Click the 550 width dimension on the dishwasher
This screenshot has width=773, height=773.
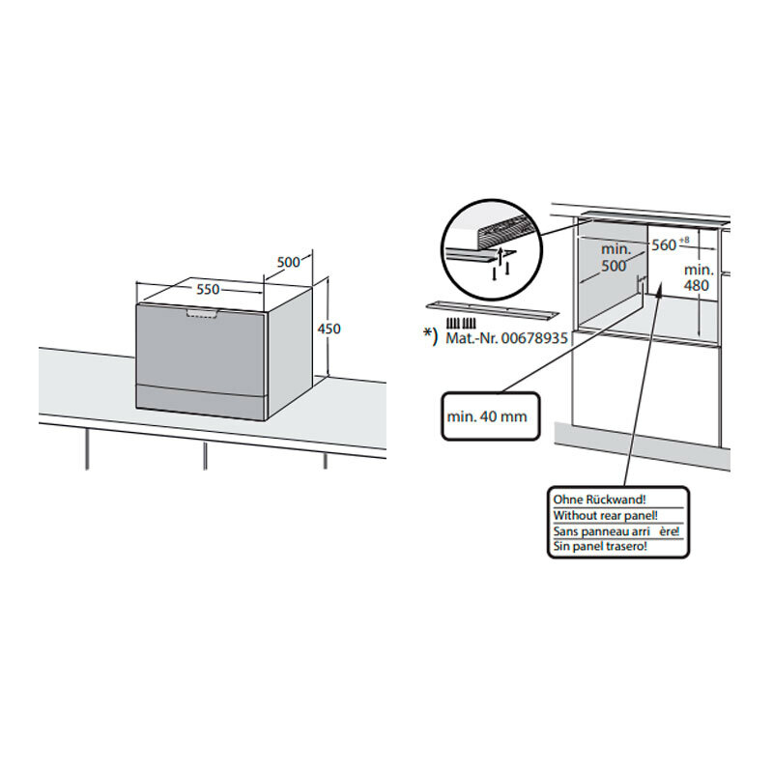click(x=208, y=289)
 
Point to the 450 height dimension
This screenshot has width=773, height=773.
click(x=329, y=329)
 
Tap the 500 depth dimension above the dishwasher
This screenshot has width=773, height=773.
click(x=288, y=262)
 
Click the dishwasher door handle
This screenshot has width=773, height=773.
click(x=202, y=313)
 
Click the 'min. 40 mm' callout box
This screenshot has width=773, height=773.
click(x=491, y=416)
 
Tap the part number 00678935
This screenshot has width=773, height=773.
click(x=534, y=338)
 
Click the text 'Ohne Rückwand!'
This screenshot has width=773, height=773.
click(x=599, y=500)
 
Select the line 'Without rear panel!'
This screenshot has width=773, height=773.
click(x=606, y=516)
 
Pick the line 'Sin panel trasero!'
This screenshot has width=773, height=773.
click(x=600, y=546)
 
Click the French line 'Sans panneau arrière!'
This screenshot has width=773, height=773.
click(x=616, y=530)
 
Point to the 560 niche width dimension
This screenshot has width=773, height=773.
click(x=664, y=244)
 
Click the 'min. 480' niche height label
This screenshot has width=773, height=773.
click(x=699, y=277)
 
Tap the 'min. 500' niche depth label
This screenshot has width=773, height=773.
click(x=616, y=257)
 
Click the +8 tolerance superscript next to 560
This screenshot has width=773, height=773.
click(x=684, y=240)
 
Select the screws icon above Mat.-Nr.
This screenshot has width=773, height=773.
click(x=461, y=324)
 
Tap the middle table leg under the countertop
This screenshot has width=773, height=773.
click(x=205, y=455)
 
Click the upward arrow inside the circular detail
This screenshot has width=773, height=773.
click(x=501, y=256)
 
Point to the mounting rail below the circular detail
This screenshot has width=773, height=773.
click(x=493, y=310)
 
